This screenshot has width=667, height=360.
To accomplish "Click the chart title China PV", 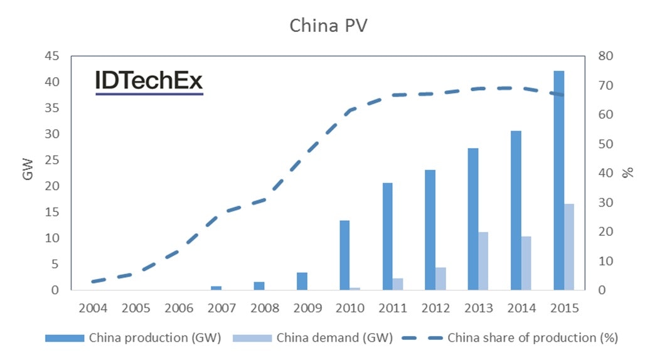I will click(333, 26).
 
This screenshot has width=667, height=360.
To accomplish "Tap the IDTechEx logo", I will click(149, 82).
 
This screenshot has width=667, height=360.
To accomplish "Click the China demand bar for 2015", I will click(568, 247).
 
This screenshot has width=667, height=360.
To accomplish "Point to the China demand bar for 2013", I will click(484, 261).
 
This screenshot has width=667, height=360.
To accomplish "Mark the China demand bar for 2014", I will click(526, 263).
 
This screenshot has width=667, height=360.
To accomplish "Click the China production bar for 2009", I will click(302, 282).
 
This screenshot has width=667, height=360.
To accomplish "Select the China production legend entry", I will click(133, 338).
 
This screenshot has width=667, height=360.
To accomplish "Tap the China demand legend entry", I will click(312, 338).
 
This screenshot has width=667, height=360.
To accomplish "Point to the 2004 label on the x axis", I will click(93, 309).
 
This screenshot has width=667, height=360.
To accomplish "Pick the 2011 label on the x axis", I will click(392, 309).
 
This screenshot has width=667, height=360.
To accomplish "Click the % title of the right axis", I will click(627, 173).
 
